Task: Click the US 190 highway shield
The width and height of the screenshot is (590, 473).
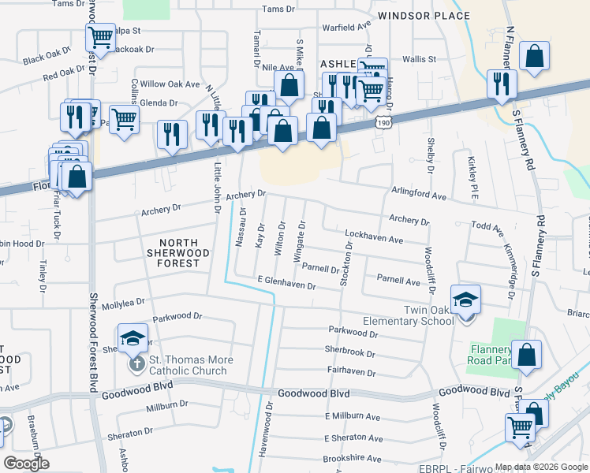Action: tap(383, 122)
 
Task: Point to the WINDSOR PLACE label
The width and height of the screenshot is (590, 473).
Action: tap(424, 16)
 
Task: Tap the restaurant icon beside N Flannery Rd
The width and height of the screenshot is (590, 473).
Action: tap(502, 84)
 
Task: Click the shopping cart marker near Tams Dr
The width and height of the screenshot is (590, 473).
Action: tap(100, 36)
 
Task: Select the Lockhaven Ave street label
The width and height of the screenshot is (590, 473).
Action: tap(374, 239)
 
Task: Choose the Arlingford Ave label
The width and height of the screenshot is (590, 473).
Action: tap(419, 194)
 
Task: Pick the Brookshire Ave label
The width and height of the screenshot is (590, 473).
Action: tap(353, 457)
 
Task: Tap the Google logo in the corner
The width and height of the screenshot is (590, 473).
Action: tap(26, 464)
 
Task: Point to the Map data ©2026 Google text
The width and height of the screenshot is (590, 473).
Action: tap(540, 467)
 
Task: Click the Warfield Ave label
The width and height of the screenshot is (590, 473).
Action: tap(348, 26)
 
